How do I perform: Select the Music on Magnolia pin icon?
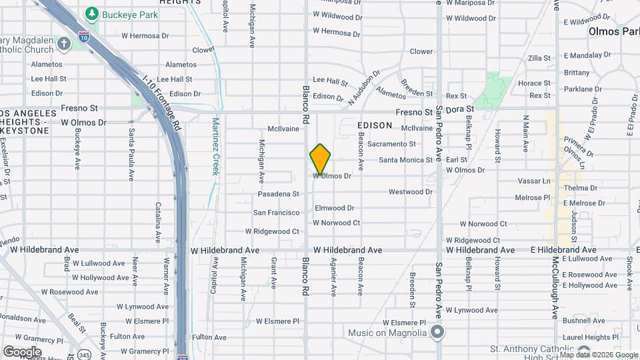coord(437,331)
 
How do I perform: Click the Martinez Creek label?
coord(215,147)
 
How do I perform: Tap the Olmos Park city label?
coord(614,31)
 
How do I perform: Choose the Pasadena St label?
coord(279,194)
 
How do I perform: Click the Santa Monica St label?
coord(406,160)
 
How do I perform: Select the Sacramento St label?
coord(391,143)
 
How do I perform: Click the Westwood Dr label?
coord(410,192)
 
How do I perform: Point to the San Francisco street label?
coord(276,213)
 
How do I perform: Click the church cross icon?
coord(64,44)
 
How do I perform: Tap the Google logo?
coord(22,351)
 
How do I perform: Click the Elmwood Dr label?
coord(335,208)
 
